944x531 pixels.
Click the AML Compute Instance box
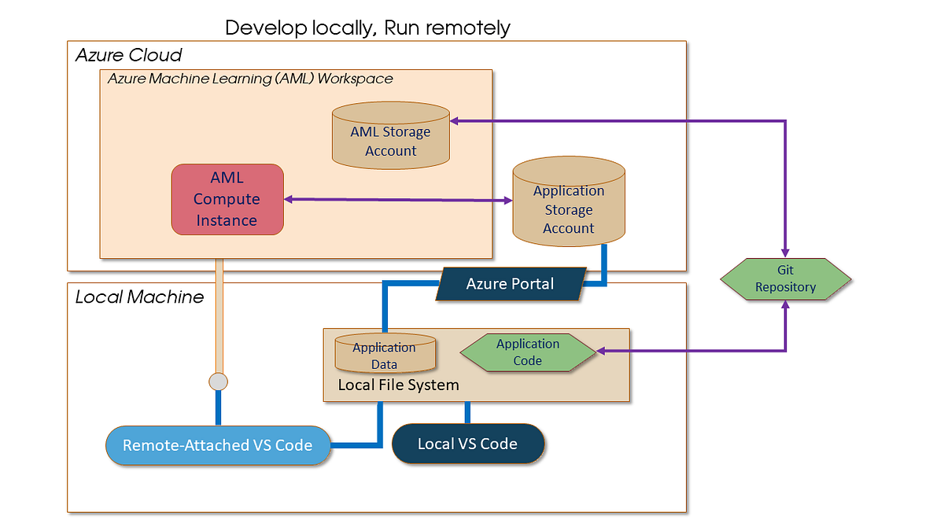227,199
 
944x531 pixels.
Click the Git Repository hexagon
785,278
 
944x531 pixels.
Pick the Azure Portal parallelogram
510,283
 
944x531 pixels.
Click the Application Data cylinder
385,354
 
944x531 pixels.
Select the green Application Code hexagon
528,352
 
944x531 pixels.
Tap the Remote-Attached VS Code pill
218,445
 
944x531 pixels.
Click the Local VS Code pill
467,444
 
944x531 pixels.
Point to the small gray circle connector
218,382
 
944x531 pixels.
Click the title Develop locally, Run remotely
367,28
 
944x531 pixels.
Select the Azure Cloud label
129,55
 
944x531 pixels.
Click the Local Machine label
139,297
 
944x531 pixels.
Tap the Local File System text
398,385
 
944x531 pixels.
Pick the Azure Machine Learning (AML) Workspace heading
250,79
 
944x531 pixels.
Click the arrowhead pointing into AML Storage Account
457,121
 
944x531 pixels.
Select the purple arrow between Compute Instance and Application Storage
397,200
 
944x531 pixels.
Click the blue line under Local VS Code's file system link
467,412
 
